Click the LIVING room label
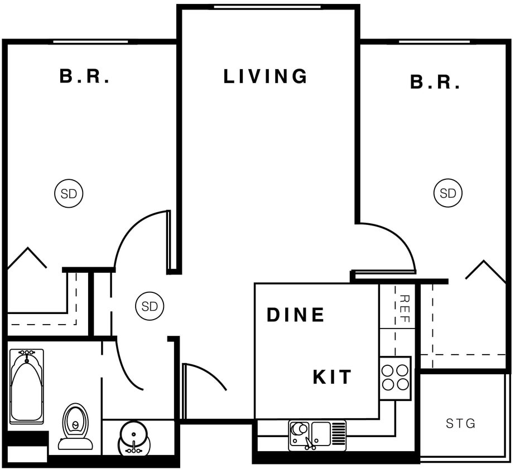coord(265,76)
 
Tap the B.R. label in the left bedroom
coord(85,76)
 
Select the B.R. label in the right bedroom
coord(435,82)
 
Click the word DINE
coord(295,315)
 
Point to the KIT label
coord(332,377)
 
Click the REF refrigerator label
coord(405,309)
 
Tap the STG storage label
coord(460,424)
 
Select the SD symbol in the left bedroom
coord(69,194)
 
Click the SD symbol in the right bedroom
coord(447,193)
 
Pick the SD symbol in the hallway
coord(150,306)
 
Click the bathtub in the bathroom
coord(26,385)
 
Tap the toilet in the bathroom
coord(75,426)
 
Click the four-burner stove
coord(395,378)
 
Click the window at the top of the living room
coord(267,7)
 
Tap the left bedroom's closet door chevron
coord(26,257)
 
